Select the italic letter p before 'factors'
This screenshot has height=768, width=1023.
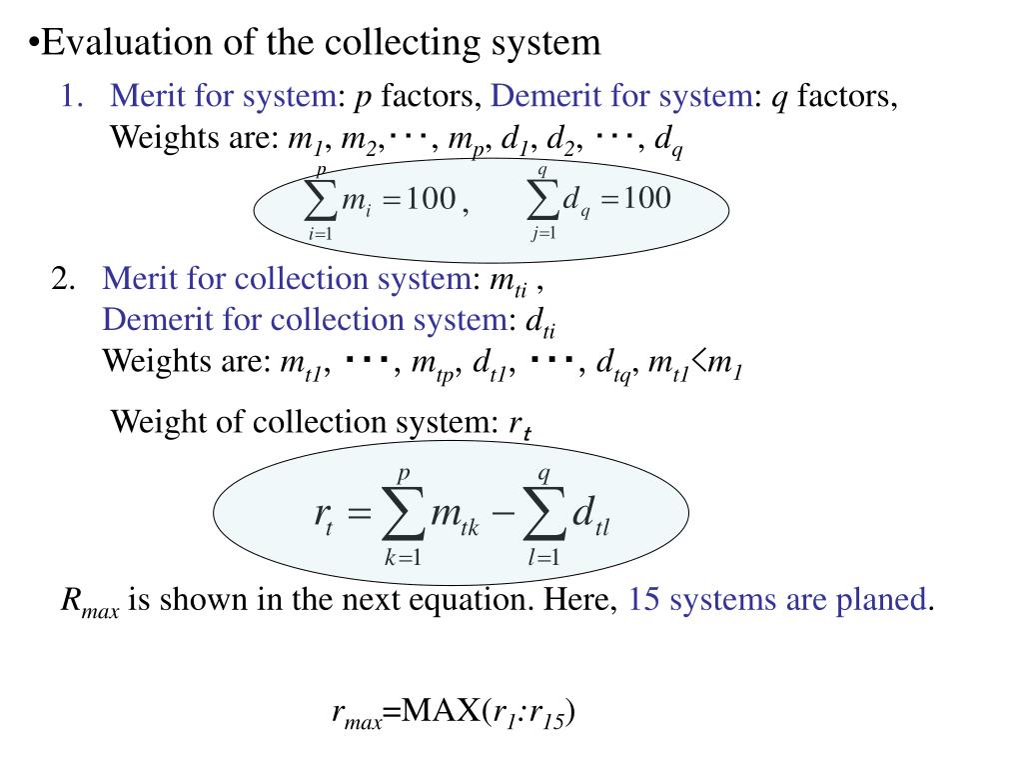click(x=364, y=97)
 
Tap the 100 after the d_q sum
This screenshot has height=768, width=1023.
click(x=647, y=198)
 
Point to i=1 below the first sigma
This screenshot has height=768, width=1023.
click(x=320, y=234)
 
